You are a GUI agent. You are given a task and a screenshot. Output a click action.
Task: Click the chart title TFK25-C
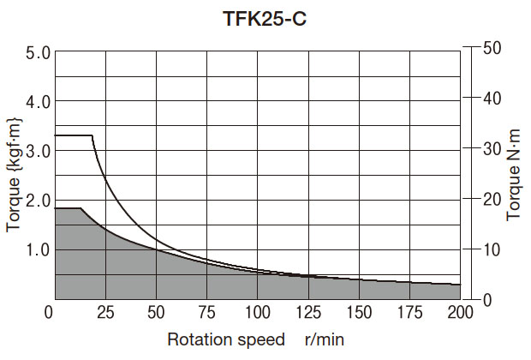(265, 18)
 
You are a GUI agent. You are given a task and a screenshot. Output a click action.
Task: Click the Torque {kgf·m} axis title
(14, 176)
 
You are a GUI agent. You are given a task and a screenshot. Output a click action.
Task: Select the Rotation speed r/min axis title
(254, 339)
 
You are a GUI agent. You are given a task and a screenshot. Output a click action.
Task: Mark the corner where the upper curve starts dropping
(92, 135)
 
